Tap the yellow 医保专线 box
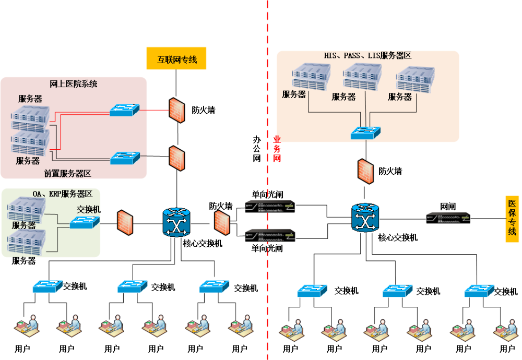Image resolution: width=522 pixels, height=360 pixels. (x=512, y=219)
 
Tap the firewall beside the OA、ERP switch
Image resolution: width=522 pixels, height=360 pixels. (x=125, y=223)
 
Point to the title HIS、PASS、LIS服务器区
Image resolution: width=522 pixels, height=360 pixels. (x=368, y=55)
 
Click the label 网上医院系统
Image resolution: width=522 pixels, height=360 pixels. (x=73, y=83)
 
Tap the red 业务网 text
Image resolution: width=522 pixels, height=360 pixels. (x=277, y=149)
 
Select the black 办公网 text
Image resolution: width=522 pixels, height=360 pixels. (x=257, y=149)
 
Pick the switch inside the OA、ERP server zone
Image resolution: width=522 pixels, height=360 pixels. (x=85, y=223)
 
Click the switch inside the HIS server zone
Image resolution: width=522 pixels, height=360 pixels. (x=365, y=133)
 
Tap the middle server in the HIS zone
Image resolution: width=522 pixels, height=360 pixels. (x=362, y=77)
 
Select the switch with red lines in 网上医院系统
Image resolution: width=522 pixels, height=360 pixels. (x=124, y=110)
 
